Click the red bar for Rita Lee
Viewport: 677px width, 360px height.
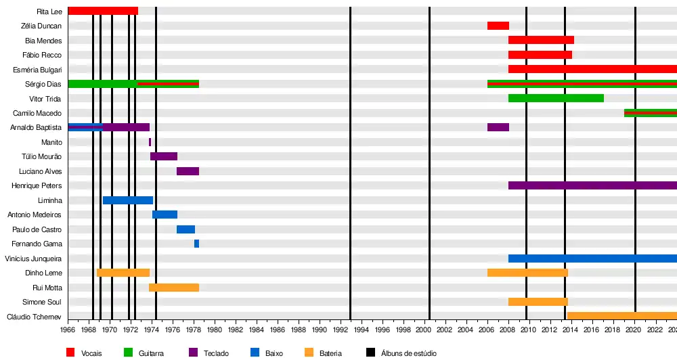[x=103, y=11]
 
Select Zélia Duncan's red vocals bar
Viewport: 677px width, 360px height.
[x=498, y=26]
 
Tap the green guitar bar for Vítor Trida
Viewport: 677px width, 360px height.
[x=556, y=98]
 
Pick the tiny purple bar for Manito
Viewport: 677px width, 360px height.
[x=150, y=142]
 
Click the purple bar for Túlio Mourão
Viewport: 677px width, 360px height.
[x=164, y=156]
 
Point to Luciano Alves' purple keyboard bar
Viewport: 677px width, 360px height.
[x=188, y=171]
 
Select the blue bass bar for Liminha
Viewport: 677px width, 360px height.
[x=128, y=200]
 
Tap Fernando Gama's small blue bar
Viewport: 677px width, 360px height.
[x=196, y=244]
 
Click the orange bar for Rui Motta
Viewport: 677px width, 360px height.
[x=174, y=288]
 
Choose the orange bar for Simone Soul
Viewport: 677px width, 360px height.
[x=538, y=302]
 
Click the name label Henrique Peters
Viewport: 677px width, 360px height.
[x=37, y=186]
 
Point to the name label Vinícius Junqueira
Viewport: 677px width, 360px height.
[x=33, y=258]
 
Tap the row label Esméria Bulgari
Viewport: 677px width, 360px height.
[x=37, y=70]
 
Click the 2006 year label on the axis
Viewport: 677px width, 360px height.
[x=486, y=330]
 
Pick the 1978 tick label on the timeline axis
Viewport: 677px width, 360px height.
[x=194, y=330]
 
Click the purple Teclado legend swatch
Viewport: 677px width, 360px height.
[x=193, y=353]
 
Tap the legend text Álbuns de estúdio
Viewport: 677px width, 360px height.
[x=408, y=353]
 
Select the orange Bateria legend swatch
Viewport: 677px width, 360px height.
[x=309, y=353]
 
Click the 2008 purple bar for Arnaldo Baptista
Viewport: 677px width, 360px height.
[x=498, y=127]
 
